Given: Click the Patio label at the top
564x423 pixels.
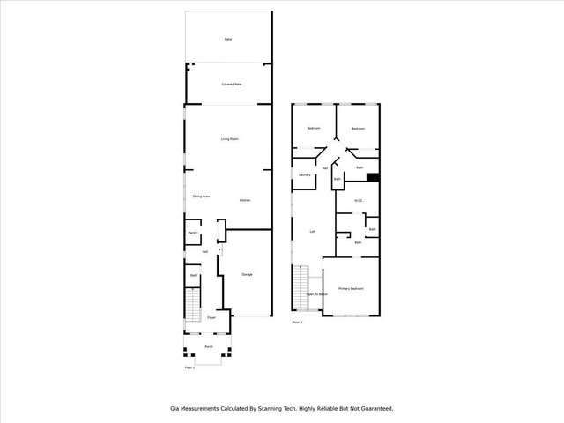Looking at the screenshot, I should pyautogui.click(x=227, y=40).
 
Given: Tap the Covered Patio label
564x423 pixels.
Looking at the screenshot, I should pyautogui.click(x=231, y=84).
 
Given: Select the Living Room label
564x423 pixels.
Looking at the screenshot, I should pyautogui.click(x=230, y=139).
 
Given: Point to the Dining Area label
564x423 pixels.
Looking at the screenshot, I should pyautogui.click(x=201, y=196).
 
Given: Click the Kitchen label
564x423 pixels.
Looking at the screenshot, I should pyautogui.click(x=244, y=201).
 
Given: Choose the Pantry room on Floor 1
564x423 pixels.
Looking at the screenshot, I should pyautogui.click(x=193, y=234).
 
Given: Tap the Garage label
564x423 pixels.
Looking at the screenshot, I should pyautogui.click(x=247, y=275).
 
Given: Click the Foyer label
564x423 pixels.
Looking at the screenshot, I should pyautogui.click(x=211, y=318).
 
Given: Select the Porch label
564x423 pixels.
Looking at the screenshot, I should pyautogui.click(x=209, y=347).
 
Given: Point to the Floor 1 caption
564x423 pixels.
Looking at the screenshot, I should pyautogui.click(x=189, y=367).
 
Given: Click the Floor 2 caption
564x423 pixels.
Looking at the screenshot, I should pyautogui.click(x=297, y=323).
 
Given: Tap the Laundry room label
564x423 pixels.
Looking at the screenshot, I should pyautogui.click(x=304, y=174).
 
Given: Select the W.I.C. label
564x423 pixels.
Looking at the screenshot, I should pyautogui.click(x=359, y=201).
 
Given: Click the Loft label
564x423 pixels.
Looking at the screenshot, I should pyautogui.click(x=313, y=232).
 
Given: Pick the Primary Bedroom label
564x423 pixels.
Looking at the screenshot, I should pyautogui.click(x=351, y=289).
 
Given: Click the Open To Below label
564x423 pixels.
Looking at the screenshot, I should pyautogui.click(x=316, y=294).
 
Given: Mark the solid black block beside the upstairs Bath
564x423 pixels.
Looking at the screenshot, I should pyautogui.click(x=373, y=176).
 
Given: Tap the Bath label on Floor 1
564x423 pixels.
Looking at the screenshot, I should pyautogui.click(x=194, y=277).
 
